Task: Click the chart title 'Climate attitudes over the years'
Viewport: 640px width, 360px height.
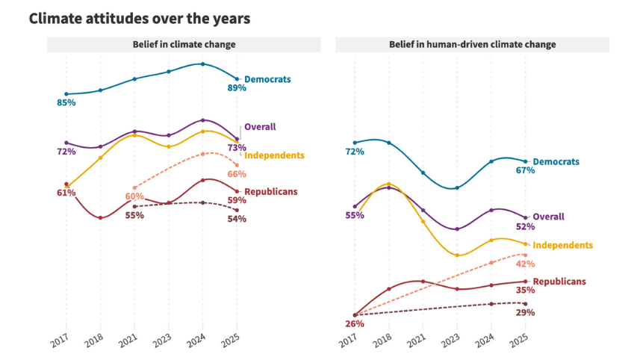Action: point(140,18)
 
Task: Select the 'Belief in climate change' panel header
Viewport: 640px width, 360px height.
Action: point(184,45)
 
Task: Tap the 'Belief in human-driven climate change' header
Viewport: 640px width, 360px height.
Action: point(472,45)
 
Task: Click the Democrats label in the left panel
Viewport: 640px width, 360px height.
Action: point(267,79)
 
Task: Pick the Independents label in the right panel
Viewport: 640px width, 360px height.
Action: point(563,245)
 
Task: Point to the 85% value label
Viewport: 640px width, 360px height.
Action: point(66,102)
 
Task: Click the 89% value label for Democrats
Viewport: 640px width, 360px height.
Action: point(237,88)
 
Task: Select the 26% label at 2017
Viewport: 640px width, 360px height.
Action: point(354,324)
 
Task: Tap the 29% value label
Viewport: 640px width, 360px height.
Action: point(525,312)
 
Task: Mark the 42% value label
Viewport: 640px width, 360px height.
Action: point(525,264)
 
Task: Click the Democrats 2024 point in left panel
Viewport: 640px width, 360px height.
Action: point(202,64)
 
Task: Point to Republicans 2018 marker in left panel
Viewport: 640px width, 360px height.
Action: point(100,218)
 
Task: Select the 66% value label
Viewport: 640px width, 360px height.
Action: point(237,174)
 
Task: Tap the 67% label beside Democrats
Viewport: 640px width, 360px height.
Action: point(525,170)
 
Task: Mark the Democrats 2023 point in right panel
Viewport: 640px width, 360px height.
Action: point(457,188)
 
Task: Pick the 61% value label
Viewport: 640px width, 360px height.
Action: point(66,193)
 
